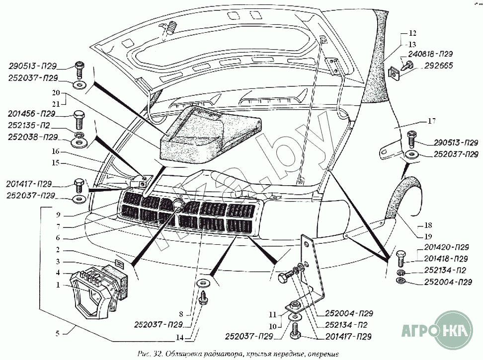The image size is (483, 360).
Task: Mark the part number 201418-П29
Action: (447, 259)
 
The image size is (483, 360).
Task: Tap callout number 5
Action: (58, 334)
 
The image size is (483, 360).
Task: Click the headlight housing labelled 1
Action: (89, 293)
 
